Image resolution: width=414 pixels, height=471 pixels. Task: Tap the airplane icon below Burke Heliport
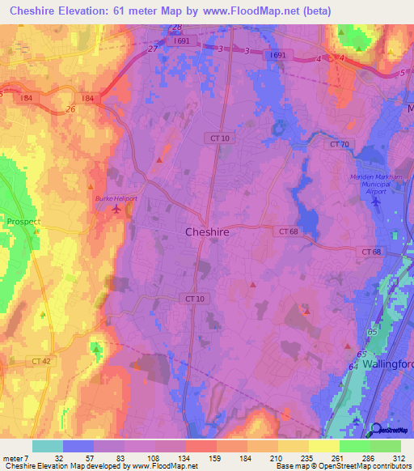click(118, 210)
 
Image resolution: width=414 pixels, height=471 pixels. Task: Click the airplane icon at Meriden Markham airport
click(374, 200)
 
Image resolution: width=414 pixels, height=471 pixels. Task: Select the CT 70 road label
click(339, 144)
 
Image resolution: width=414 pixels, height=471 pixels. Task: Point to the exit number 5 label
click(402, 74)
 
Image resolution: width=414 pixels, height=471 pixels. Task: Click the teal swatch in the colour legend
click(47, 446)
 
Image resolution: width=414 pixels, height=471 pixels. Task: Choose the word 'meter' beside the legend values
click(14, 458)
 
